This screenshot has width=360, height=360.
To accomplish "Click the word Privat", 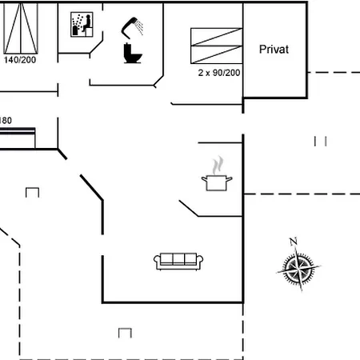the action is tap(274, 50).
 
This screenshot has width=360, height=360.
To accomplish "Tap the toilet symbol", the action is tap(133, 54).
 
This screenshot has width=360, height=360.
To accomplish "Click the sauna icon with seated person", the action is tap(82, 24).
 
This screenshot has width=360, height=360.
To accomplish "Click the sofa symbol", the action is tap(178, 262).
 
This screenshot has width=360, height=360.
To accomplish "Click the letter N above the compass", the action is tap(294, 242).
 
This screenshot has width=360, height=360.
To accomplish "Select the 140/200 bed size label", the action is tap(20, 60).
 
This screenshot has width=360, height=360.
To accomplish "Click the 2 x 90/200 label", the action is tap(219, 73).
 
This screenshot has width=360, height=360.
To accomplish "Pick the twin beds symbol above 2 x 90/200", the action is tap(217, 46).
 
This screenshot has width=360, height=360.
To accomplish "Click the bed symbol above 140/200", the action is tap(21, 28).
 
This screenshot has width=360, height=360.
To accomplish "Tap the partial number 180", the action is tap(6, 121).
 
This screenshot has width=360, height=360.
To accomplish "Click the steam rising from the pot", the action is tap(218, 165).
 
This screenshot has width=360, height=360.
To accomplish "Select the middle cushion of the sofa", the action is tap(178, 258).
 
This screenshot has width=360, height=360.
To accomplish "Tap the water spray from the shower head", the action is tap(139, 27).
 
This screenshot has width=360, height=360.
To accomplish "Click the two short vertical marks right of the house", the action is tap(320, 141).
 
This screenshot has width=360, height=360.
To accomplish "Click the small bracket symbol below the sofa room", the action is tap(125, 333).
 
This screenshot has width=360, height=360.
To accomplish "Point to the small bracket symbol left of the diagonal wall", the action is tap(32, 192).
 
